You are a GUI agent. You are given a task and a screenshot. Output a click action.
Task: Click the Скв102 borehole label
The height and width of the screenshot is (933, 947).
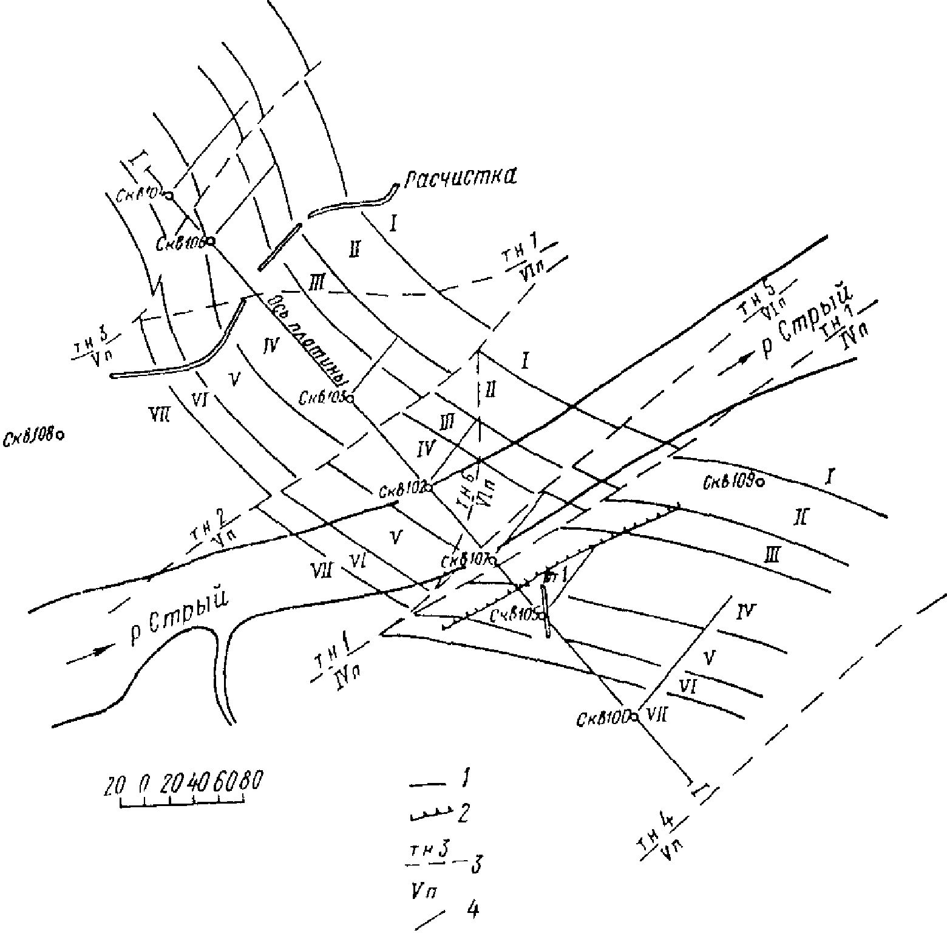click(x=401, y=490)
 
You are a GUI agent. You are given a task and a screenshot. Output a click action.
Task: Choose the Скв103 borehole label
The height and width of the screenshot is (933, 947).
click(x=322, y=398)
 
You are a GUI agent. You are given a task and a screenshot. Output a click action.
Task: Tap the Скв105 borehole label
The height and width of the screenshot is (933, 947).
click(x=515, y=616)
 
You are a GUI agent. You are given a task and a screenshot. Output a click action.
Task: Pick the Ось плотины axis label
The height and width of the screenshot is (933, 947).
click(x=305, y=340)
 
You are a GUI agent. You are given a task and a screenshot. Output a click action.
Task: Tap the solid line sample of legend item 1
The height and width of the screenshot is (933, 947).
click(x=428, y=785)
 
